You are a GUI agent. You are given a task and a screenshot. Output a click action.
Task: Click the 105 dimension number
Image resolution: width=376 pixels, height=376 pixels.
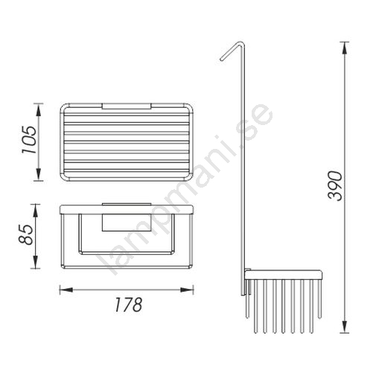(29, 140)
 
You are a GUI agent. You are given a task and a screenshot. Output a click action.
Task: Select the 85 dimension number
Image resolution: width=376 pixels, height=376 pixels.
(26, 235)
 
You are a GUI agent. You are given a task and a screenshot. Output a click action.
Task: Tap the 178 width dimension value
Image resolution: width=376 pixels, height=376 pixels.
(128, 305)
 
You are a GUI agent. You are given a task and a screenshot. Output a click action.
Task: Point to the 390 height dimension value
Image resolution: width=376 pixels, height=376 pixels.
(335, 185)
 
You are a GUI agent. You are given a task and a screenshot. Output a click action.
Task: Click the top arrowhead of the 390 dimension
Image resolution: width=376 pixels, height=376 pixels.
(345, 48)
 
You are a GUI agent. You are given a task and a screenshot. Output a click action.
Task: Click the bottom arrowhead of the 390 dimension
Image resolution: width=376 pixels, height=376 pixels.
(345, 326)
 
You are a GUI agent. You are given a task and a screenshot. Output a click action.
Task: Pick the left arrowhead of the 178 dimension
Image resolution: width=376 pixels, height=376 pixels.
(66, 290)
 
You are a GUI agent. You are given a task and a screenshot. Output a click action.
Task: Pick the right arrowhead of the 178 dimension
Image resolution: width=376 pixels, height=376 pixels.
(187, 290)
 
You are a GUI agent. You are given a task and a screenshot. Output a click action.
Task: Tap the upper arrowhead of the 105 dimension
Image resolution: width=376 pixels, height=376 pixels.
(39, 110)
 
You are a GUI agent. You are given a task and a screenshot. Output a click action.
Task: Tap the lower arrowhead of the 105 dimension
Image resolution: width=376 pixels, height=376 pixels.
(39, 174)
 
